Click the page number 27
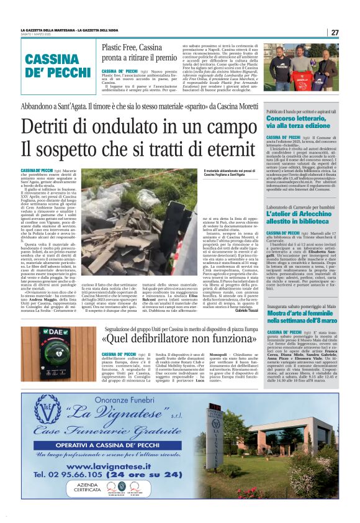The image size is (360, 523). [335, 32]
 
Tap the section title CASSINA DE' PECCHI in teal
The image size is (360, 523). [59, 65]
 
